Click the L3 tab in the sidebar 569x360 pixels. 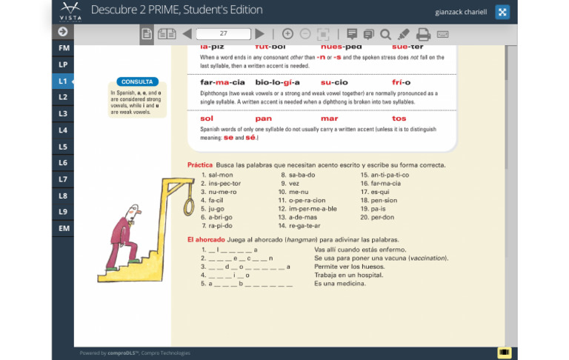pos(63,113)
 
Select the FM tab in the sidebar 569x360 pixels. pos(63,48)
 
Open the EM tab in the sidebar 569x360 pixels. pos(63,228)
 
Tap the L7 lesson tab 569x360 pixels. pos(63,179)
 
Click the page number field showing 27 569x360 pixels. pos(223,34)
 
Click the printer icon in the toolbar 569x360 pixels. pos(423,34)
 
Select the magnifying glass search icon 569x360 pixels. pos(385,34)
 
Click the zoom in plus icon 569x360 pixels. pos(287,34)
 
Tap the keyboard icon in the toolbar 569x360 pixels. pos(442,34)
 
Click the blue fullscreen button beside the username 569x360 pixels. pos(502,12)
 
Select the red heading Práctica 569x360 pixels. pos(199,164)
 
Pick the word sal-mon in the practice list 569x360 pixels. pos(220,175)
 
